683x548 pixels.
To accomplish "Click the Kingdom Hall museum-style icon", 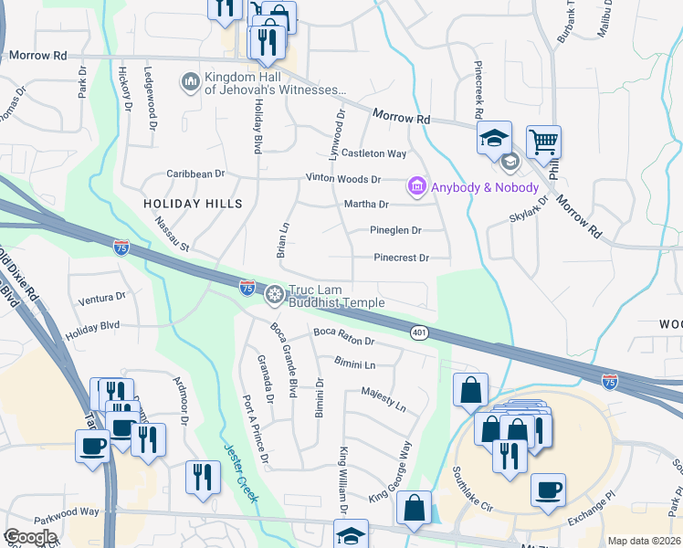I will click(191, 82).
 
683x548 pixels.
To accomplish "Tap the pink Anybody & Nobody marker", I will click(417, 186).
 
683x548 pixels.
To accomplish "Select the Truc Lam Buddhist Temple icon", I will click(273, 296).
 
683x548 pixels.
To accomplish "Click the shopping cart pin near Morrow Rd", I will click(543, 142).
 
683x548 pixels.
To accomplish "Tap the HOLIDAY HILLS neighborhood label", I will click(193, 203).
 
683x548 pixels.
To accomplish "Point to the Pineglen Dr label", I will click(395, 231).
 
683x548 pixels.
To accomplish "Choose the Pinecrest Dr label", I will click(401, 258).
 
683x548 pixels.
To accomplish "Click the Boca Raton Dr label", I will click(344, 336).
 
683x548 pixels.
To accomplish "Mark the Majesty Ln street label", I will click(383, 396).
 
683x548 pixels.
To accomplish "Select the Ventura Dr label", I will click(101, 298).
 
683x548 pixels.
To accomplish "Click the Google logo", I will click(31, 537).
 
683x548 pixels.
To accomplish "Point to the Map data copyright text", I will click(644, 541).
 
